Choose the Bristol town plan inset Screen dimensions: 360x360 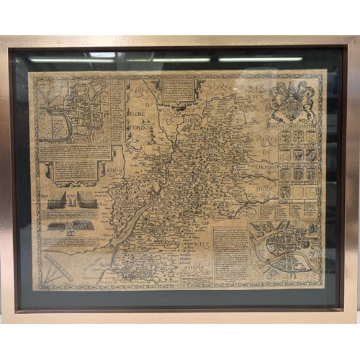click(x=285, y=248)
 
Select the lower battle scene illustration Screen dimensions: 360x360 click(x=71, y=225)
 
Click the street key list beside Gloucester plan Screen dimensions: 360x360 click(x=117, y=108)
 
